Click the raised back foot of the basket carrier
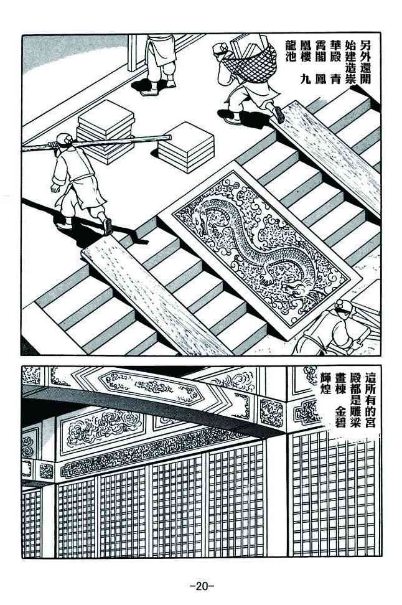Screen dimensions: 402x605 point(279,115)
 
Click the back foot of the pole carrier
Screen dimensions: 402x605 point(108,226)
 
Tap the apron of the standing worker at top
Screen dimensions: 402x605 point(162,50)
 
